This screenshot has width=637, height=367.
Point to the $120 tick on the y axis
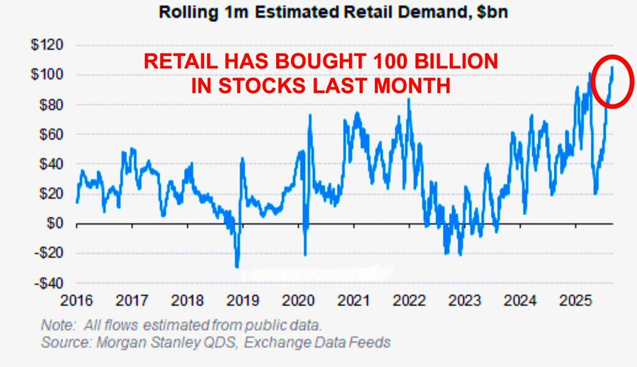(x=46, y=45)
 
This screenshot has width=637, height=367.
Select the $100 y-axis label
(x=46, y=75)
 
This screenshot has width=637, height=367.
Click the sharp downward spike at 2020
(x=305, y=255)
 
